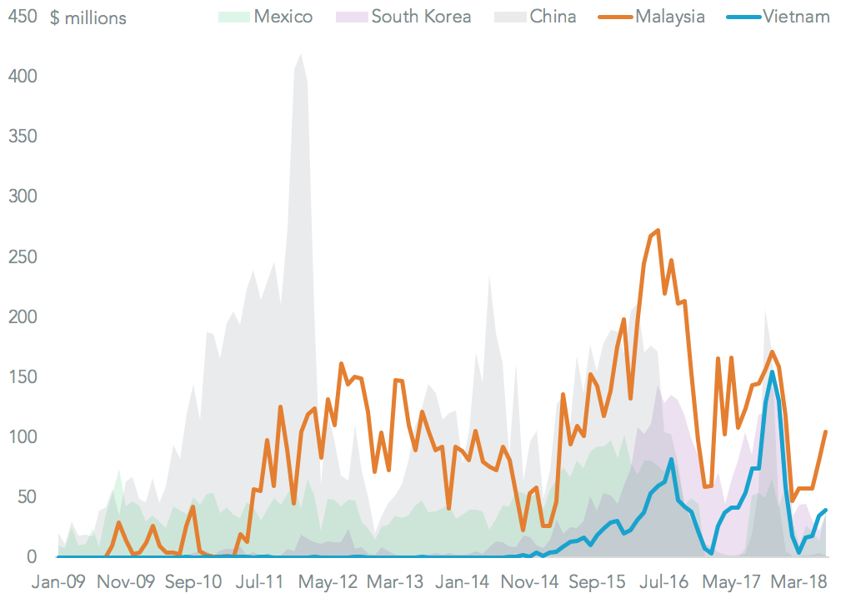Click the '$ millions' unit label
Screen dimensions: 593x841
pos(88,17)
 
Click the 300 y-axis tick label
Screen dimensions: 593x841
pos(23,197)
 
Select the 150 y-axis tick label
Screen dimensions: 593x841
pos(23,376)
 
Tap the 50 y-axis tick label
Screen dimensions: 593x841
pos(28,496)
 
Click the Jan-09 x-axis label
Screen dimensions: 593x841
pos(58,581)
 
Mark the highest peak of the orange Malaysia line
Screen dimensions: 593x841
pos(658,230)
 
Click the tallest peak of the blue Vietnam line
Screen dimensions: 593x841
pos(773,371)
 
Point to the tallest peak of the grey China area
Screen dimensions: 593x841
pos(300,55)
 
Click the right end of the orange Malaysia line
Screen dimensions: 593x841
pos(826,431)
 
